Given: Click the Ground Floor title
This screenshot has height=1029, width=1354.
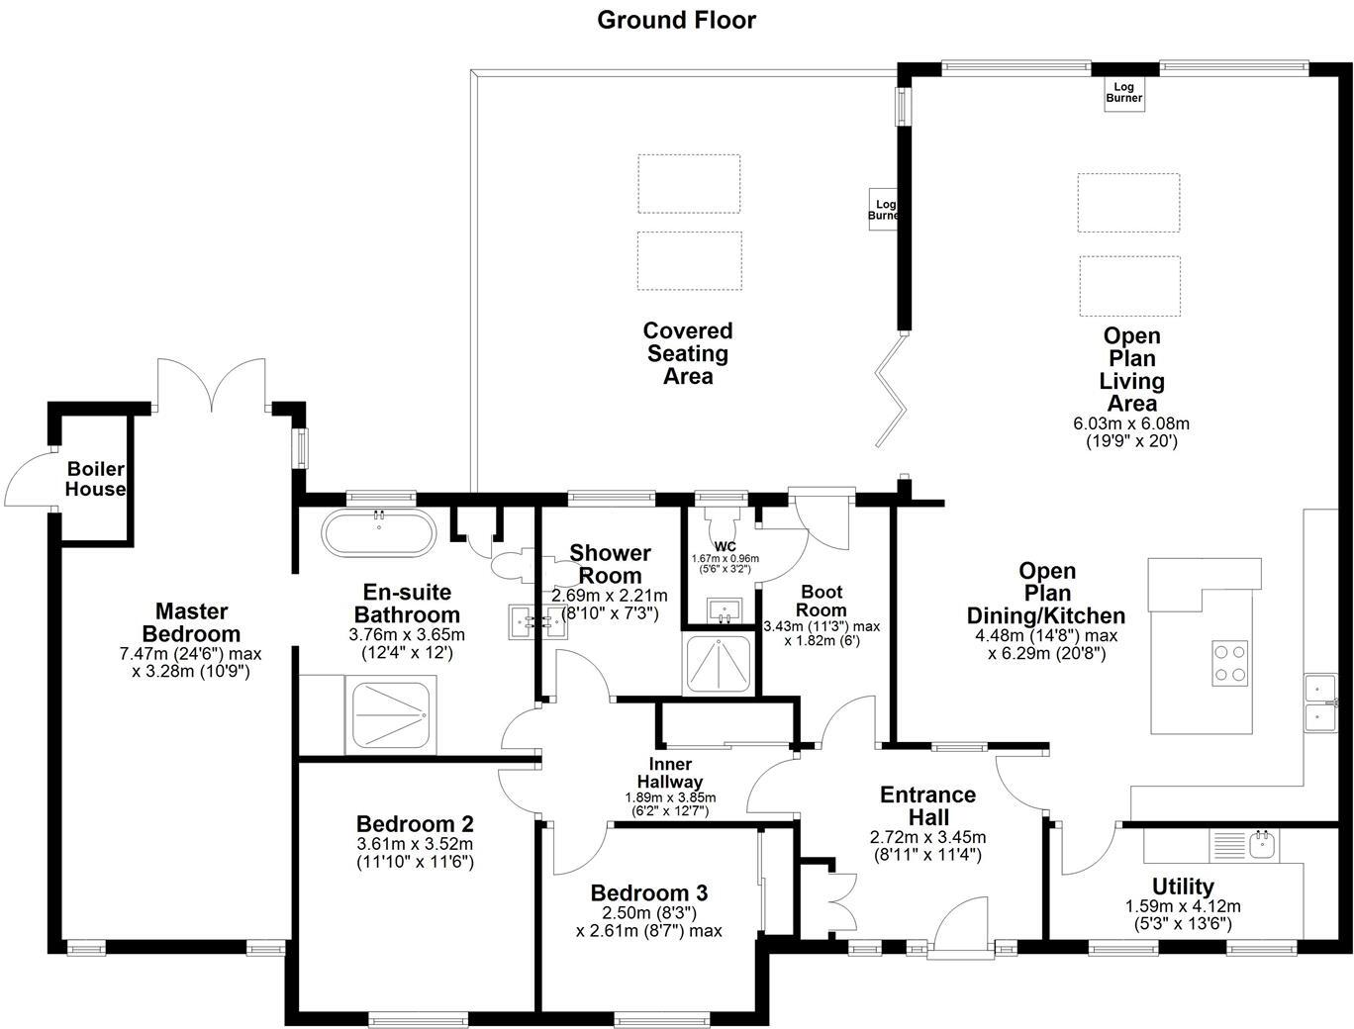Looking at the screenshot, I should point(676,20).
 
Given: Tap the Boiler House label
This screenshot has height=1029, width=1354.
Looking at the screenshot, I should point(95,479).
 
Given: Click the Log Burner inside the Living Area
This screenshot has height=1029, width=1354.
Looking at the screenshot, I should point(1123,93).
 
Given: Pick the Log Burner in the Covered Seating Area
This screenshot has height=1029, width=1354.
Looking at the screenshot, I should point(883,209).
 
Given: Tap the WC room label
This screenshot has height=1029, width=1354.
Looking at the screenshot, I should point(725,546).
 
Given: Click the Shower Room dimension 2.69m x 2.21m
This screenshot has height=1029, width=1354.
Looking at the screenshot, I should point(610,596).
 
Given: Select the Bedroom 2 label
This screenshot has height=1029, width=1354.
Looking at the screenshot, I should point(415,824).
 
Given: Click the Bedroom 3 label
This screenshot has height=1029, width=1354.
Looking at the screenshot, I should point(648,893).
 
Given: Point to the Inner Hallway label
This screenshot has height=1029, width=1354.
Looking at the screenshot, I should point(670,773).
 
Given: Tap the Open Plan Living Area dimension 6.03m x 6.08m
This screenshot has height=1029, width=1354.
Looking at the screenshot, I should point(1131,423).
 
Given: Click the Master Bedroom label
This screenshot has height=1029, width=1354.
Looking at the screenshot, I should point(191,622).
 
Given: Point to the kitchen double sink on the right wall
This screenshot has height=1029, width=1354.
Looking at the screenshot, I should point(1319,702).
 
